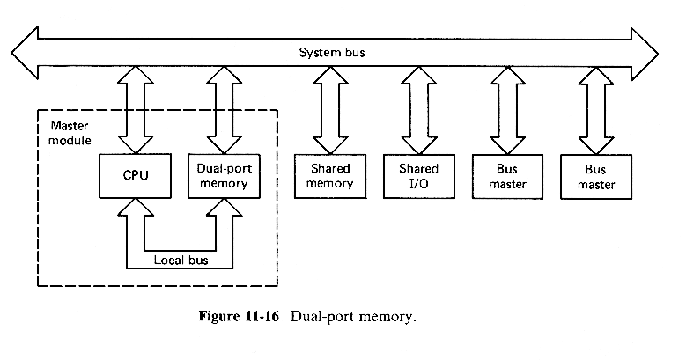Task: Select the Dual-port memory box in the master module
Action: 218,175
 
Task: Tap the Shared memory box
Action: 330,176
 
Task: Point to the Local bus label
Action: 181,260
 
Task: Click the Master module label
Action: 63,129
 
